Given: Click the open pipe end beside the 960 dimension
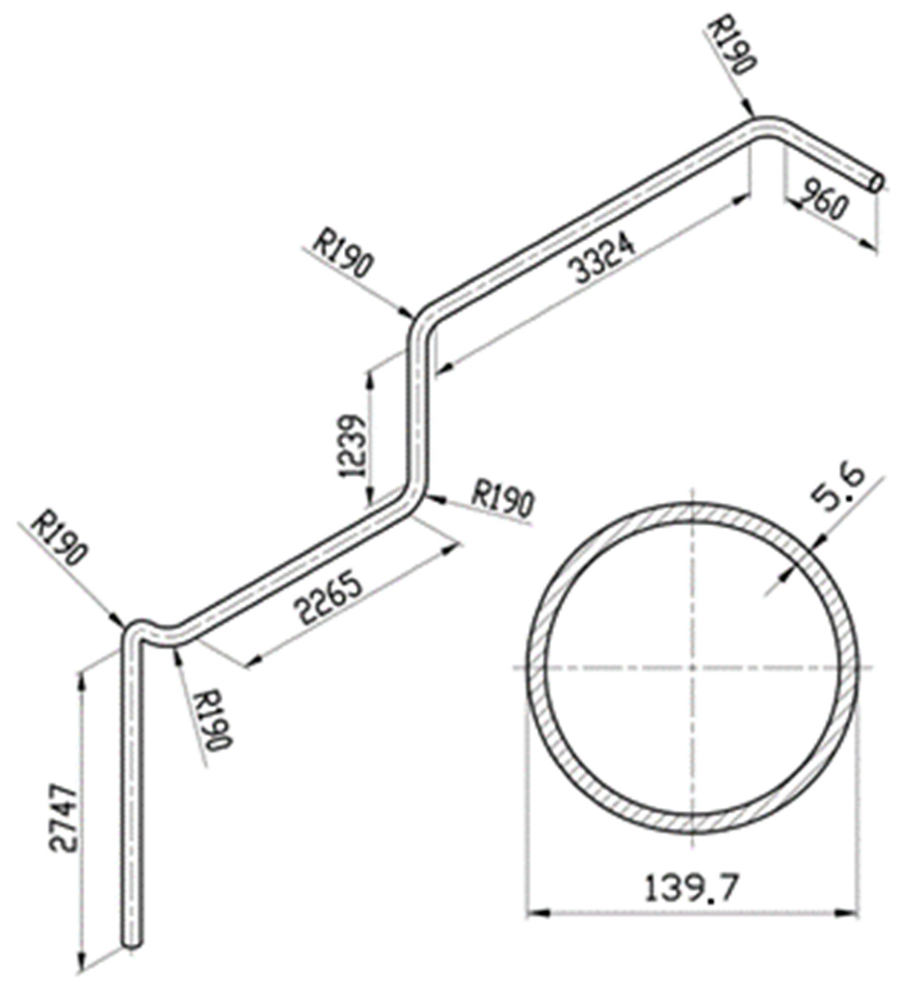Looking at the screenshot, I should (877, 183).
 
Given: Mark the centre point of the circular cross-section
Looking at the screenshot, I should (692, 668).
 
